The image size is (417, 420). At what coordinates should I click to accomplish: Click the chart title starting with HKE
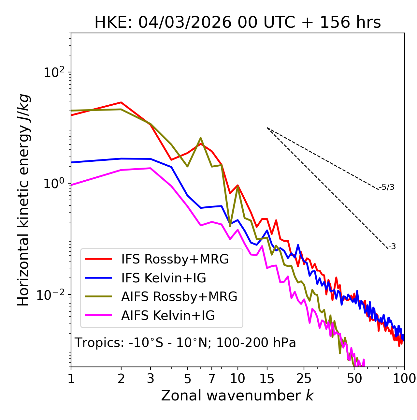(237, 23)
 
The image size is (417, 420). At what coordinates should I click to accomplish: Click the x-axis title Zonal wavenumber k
(237, 396)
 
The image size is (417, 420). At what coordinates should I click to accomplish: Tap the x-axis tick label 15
(267, 379)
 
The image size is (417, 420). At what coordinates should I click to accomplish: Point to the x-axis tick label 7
(212, 379)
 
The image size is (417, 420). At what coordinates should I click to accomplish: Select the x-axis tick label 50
(354, 379)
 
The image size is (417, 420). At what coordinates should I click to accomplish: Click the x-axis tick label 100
(404, 379)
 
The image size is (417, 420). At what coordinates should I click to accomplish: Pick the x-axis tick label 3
(151, 379)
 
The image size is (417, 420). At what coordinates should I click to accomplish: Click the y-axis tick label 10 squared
(55, 72)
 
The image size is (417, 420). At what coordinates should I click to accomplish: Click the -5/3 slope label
(387, 187)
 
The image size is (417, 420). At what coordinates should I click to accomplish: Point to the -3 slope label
(392, 247)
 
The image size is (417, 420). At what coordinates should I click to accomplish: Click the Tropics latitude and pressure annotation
(185, 343)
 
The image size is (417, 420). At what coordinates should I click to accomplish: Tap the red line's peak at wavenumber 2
(121, 102)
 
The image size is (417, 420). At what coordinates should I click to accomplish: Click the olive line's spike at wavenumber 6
(201, 138)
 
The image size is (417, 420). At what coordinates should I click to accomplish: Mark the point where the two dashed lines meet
(267, 128)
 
